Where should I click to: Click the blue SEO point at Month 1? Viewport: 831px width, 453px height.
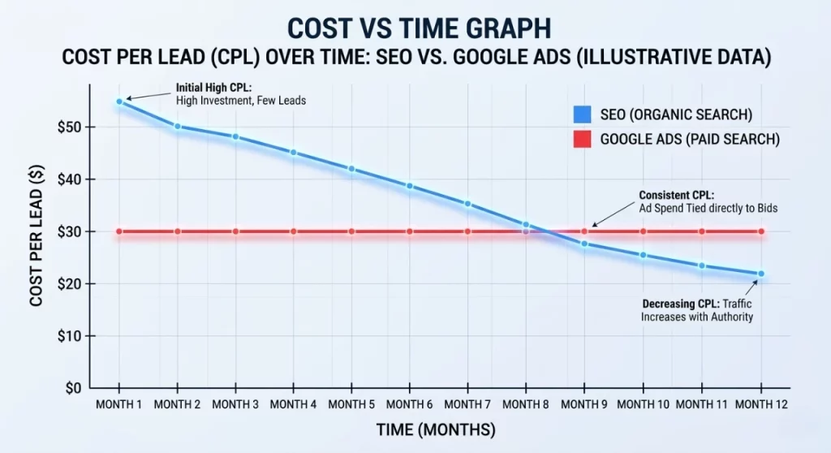pos(119,101)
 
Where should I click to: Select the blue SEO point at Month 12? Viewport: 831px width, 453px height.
pos(761,274)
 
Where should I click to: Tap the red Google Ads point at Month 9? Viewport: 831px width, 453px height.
pos(584,231)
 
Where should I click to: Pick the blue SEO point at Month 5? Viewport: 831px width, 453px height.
pos(351,169)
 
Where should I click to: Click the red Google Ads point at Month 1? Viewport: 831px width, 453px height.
pos(119,231)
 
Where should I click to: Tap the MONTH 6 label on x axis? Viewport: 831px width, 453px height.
pos(410,404)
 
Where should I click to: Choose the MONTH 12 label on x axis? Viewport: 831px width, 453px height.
pos(760,404)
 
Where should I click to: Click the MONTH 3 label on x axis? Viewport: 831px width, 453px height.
pos(235,404)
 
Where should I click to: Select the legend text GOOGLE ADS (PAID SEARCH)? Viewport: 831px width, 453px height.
pos(690,139)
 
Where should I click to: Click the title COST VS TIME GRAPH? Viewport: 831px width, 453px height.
pos(415,28)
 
